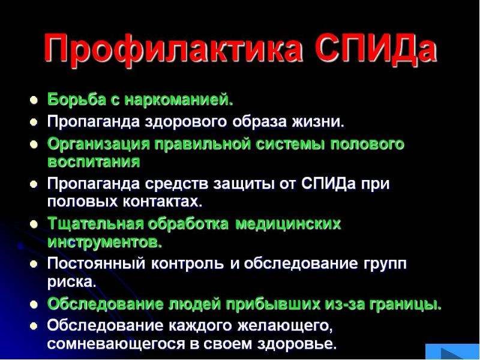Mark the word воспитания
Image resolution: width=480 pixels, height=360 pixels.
[x=94, y=162]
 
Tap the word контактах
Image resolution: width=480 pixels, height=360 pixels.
[x=163, y=202]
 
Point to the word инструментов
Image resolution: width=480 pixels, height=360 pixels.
[x=104, y=242]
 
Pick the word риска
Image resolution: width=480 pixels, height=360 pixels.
[x=71, y=282]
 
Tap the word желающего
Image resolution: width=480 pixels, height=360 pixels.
[x=285, y=325]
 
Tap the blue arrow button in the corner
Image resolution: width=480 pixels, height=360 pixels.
[x=452, y=352]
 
